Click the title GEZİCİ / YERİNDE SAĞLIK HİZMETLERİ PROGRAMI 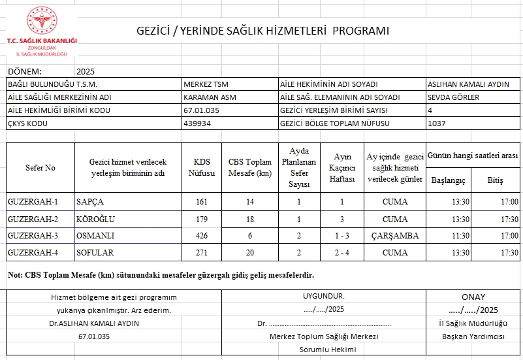[x=262, y=31]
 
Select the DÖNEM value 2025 [x=86, y=71]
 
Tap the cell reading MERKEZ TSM [x=206, y=84]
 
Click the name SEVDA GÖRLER [x=453, y=97]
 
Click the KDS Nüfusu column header [x=202, y=168]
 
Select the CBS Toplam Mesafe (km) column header [x=249, y=168]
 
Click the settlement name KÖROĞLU [x=95, y=218]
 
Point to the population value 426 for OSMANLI [x=202, y=235]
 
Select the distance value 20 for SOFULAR [x=249, y=252]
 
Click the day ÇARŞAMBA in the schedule [x=395, y=235]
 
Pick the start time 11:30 [x=460, y=235]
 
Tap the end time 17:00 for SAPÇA [x=509, y=201]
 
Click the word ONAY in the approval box [x=474, y=296]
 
